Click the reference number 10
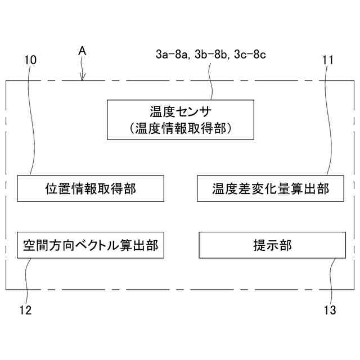coord(31,60)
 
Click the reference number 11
coord(328,60)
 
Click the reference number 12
coord(25,310)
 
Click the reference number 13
coord(330,310)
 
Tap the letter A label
coord(82,51)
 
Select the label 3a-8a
coord(173,55)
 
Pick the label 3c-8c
coord(249,55)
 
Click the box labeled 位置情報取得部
coord(91,188)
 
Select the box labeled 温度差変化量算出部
coord(271,188)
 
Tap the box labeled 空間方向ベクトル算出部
coord(91,245)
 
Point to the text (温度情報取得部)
coord(179,128)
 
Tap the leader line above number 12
coord(26,281)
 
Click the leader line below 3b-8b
coord(211,82)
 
